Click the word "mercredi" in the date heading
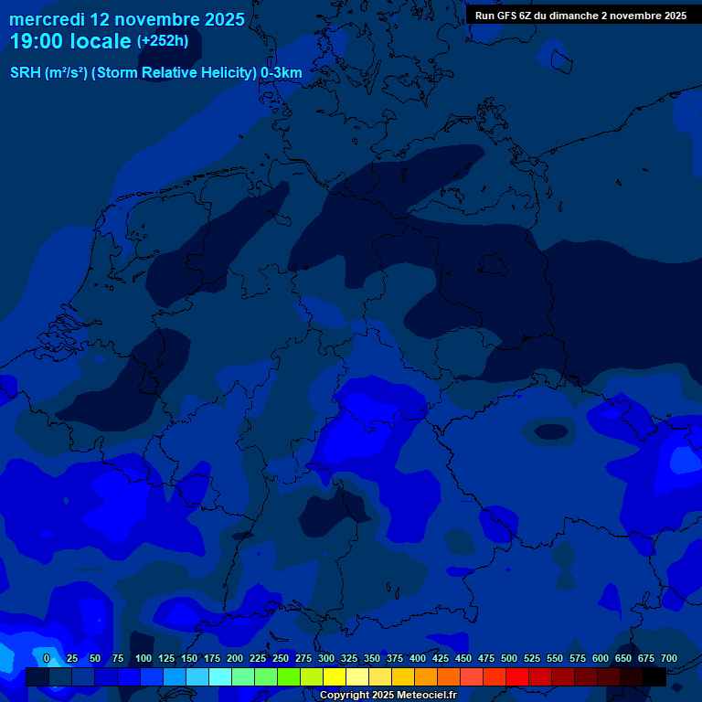click(x=47, y=18)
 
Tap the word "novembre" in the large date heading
click(x=152, y=18)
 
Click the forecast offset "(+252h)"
click(x=164, y=41)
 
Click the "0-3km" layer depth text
click(x=282, y=73)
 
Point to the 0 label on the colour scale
click(x=47, y=658)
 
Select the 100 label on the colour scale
click(x=144, y=658)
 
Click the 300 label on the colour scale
click(x=326, y=658)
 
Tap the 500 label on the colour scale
click(x=509, y=658)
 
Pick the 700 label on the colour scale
click(x=669, y=658)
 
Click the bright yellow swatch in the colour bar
click(x=335, y=677)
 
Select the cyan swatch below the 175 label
click(x=220, y=677)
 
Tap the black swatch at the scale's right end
click(x=654, y=677)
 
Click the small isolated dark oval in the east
click(x=550, y=431)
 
